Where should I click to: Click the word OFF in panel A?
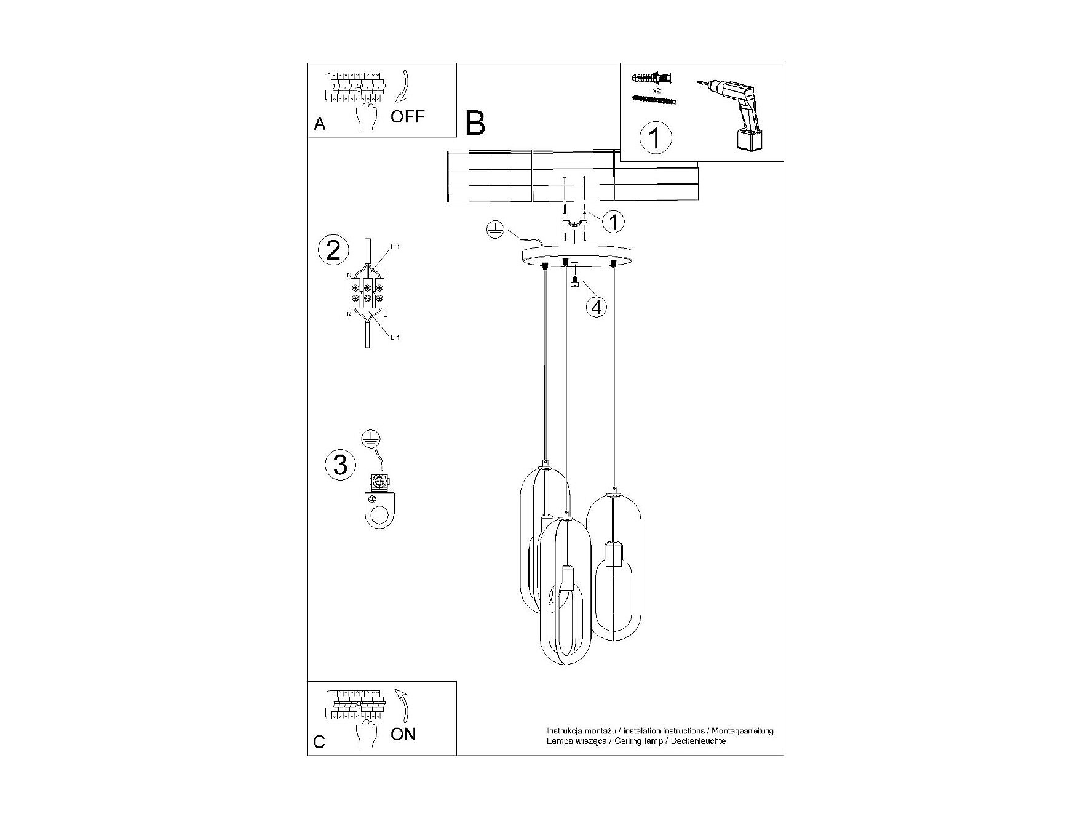pyautogui.click(x=407, y=116)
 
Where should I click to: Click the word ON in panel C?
pyautogui.click(x=403, y=734)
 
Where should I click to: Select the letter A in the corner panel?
pyautogui.click(x=319, y=124)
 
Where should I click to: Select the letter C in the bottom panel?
pyautogui.click(x=319, y=742)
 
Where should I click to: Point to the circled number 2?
pyautogui.click(x=333, y=250)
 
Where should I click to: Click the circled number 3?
pyautogui.click(x=340, y=464)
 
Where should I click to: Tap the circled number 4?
pyautogui.click(x=596, y=306)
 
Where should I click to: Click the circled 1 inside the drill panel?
pyautogui.click(x=656, y=137)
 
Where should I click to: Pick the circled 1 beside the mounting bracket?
pyautogui.click(x=613, y=221)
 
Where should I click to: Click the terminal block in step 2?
pyautogui.click(x=367, y=294)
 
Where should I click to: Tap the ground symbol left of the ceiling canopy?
pyautogui.click(x=495, y=230)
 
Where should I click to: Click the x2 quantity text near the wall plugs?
pyautogui.click(x=656, y=90)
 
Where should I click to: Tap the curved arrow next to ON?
pyautogui.click(x=403, y=705)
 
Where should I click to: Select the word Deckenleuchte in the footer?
pyautogui.click(x=699, y=741)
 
